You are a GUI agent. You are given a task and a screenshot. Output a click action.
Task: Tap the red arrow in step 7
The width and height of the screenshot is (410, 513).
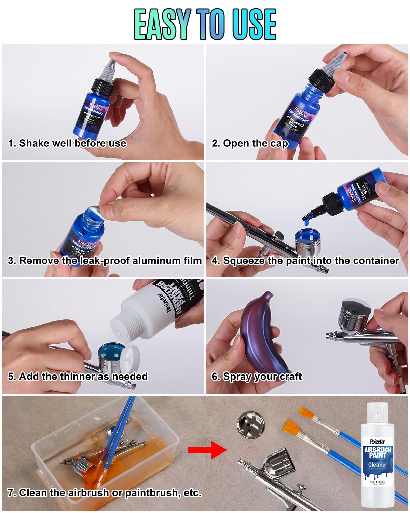[x=207, y=450]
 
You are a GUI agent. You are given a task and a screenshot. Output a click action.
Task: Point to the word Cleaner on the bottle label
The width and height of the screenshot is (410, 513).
[x=378, y=465]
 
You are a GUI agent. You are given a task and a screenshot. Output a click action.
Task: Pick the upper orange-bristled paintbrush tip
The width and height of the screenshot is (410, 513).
[x=306, y=413]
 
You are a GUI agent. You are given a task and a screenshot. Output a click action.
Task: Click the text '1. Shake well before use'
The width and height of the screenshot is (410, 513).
[x=67, y=143]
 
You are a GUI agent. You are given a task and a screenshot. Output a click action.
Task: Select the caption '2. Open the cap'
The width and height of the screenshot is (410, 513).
[x=250, y=143]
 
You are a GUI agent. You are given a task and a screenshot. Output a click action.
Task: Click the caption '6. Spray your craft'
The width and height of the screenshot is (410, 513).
[x=257, y=377]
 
